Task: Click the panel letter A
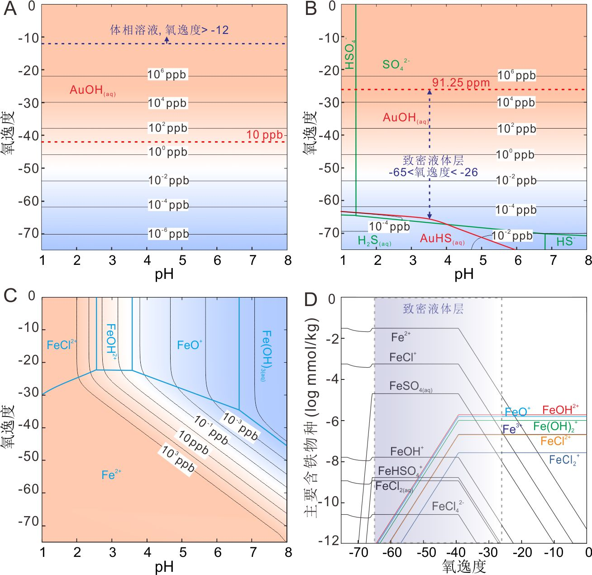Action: pos(10,9)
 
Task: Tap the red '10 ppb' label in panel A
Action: pos(264,135)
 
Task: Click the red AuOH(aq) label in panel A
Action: pos(92,90)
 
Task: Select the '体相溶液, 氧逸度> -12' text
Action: pos(169,30)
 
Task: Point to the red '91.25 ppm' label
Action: pos(461,83)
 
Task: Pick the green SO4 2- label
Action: pos(396,65)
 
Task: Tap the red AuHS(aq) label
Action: pos(442,239)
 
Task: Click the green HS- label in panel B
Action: pos(565,241)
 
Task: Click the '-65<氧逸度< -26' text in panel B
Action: pos(433,172)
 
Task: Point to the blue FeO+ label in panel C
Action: pos(189,345)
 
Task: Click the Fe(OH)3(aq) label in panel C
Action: pos(267,355)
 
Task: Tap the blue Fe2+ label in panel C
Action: pos(111,474)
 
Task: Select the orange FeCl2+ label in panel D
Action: pos(555,441)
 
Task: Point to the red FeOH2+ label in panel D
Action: pos(560,410)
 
